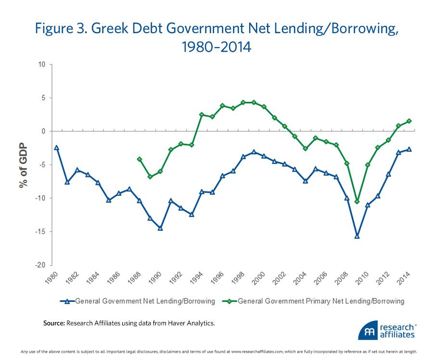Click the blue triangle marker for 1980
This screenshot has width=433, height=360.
pyautogui.click(x=57, y=148)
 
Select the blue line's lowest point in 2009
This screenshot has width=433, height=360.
pyautogui.click(x=357, y=236)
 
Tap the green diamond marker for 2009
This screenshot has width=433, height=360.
pyautogui.click(x=357, y=201)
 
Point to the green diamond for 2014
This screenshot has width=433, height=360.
pyautogui.click(x=409, y=121)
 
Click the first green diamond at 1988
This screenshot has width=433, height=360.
pyautogui.click(x=140, y=159)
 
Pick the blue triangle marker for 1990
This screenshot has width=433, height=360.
pyautogui.click(x=160, y=228)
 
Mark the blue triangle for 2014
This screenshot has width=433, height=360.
pyautogui.click(x=409, y=149)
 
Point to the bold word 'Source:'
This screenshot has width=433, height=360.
pyautogui.click(x=53, y=323)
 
